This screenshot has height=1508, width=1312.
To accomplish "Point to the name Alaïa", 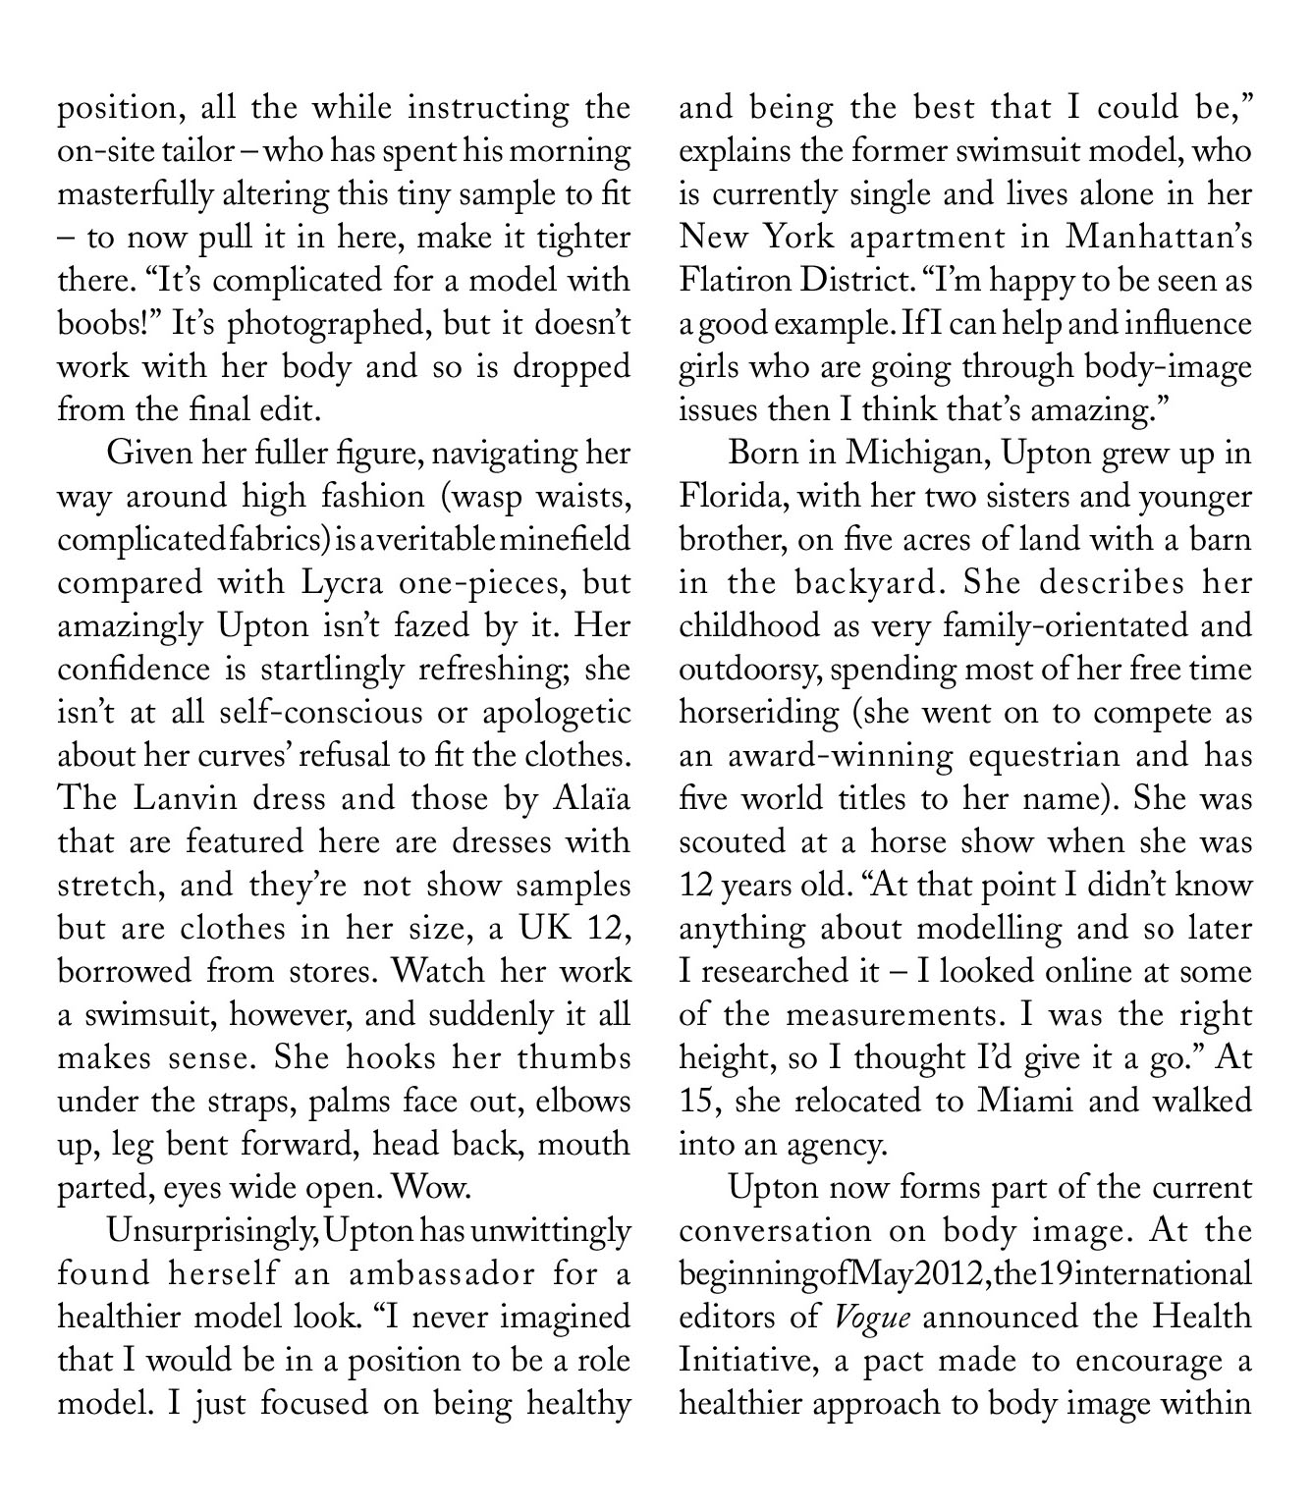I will coord(586,799).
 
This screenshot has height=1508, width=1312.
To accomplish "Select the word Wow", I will coord(432,1188).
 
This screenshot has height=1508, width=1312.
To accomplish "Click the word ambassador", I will coord(426,1274).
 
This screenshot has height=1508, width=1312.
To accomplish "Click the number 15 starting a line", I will coord(698,1102).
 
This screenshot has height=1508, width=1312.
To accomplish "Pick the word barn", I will coord(1219,540).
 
